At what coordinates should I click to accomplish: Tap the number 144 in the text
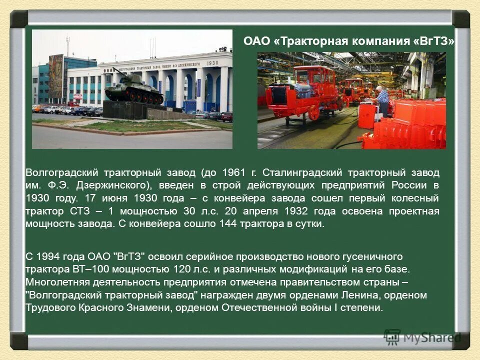(227, 224)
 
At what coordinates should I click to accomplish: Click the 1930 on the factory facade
(212, 63)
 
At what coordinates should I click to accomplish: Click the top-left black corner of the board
(19, 19)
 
